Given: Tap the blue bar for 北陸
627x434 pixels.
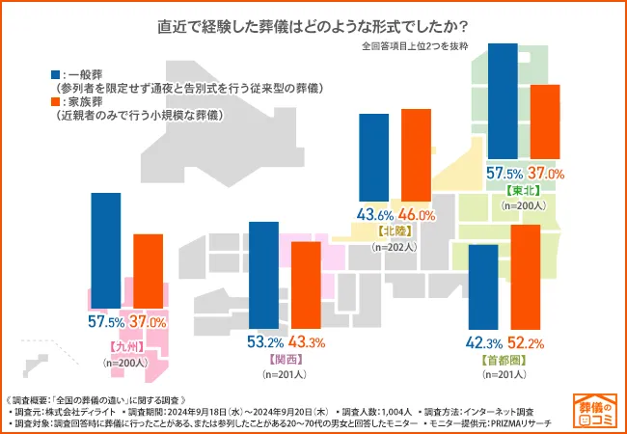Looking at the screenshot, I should [373, 158].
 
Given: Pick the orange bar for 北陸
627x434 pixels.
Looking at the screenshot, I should [416, 156].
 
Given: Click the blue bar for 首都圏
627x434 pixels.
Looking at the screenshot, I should [482, 286].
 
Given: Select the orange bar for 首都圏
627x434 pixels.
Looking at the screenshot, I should [526, 277].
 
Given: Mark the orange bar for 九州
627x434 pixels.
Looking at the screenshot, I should [148, 271].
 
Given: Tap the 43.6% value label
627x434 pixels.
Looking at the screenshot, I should [373, 215].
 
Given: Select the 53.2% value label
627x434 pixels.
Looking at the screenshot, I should [264, 342].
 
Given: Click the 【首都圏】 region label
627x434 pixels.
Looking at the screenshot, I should [503, 359].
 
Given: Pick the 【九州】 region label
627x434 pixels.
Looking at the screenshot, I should [125, 345].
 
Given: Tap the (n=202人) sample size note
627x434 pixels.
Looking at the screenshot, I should [395, 247].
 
